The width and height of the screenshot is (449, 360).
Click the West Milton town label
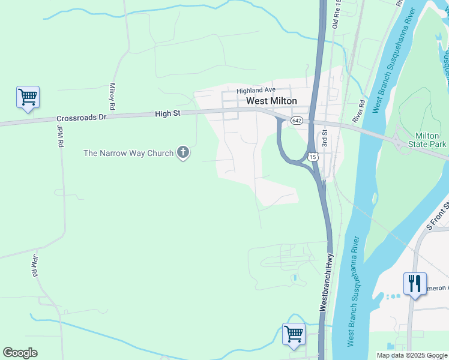click(272, 101)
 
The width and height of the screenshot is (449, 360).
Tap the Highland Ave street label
click(255, 91)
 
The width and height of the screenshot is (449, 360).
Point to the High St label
click(167, 113)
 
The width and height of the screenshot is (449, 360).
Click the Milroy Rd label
click(112, 92)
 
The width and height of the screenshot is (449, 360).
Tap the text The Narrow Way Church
click(128, 153)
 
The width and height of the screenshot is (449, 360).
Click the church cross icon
click(183, 153)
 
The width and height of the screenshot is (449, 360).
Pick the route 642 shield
click(297, 121)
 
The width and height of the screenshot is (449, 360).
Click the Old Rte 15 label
click(336, 15)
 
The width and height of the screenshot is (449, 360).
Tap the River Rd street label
click(359, 111)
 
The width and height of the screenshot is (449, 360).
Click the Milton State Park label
click(427, 140)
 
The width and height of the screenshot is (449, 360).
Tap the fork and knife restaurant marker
click(415, 283)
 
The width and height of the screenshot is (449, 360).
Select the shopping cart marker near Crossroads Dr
click(28, 97)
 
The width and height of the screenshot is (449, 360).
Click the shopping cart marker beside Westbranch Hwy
click(294, 333)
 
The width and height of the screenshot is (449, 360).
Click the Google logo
click(20, 353)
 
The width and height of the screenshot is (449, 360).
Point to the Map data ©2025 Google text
click(412, 355)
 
